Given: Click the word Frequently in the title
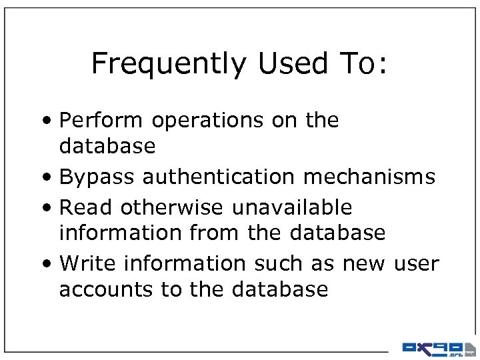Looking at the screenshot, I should point(169,64).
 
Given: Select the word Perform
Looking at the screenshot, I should point(101,121).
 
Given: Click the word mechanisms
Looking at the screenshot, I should point(369,177).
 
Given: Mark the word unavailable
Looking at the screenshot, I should point(291,207).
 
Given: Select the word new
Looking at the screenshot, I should point(363,264).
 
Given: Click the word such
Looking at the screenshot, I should point(280,263).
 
